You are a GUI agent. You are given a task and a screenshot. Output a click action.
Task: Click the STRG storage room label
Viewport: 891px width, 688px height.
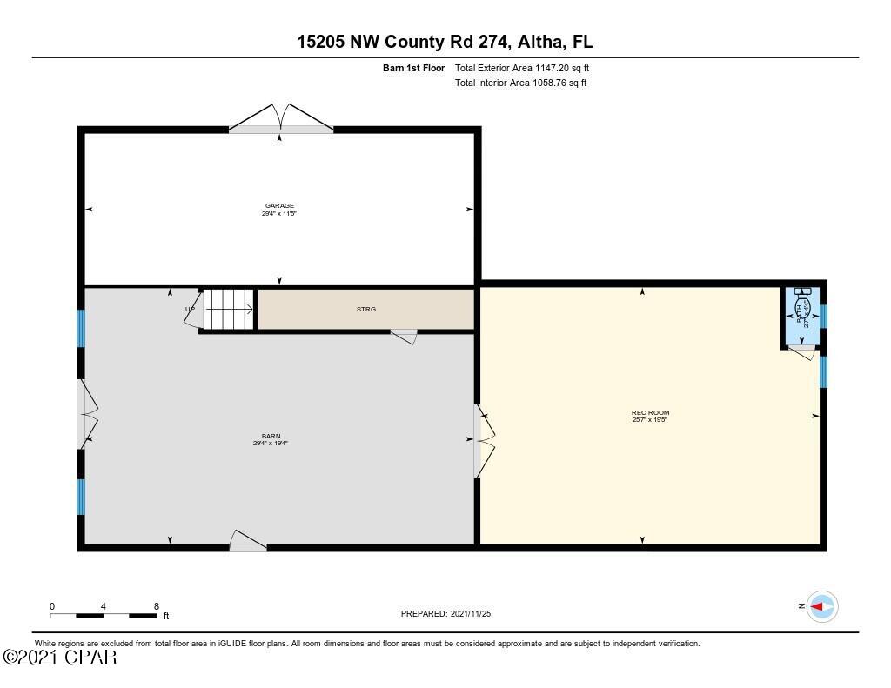[x=366, y=309]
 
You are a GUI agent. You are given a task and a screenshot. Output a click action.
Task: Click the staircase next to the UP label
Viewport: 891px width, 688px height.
[x=229, y=309]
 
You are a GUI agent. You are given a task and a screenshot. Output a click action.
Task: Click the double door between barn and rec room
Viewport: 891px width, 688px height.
[x=483, y=440]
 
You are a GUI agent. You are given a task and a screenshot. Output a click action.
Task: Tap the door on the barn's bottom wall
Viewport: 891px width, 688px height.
[x=247, y=542]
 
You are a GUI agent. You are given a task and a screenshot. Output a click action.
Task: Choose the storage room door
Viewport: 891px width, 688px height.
[x=404, y=336]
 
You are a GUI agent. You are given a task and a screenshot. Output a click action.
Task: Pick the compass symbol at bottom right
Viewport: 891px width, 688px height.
[x=821, y=606]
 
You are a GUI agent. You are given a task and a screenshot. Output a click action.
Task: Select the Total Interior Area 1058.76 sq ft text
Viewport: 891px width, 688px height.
[x=520, y=83]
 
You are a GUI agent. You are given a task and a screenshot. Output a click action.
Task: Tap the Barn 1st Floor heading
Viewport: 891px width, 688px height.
[x=413, y=68]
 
